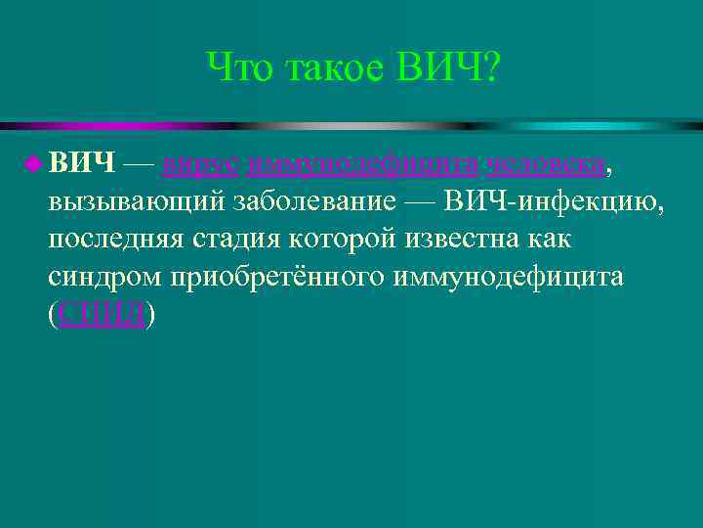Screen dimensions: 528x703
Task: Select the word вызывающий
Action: [138, 201]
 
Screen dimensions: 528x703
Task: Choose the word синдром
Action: [105, 279]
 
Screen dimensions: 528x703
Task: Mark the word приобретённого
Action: [276, 279]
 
